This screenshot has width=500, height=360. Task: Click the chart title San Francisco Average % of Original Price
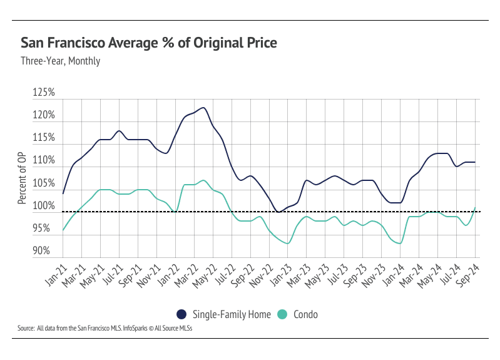tap(149, 43)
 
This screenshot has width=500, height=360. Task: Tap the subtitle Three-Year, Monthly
tap(60, 61)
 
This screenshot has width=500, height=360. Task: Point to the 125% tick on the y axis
tap(44, 93)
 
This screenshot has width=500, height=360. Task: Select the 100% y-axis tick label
tap(44, 205)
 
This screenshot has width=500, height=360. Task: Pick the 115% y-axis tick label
tap(44, 138)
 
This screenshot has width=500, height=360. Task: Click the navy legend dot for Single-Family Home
tap(181, 314)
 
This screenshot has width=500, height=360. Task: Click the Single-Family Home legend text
tap(231, 314)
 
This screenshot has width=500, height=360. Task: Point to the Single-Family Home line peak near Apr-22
tap(204, 108)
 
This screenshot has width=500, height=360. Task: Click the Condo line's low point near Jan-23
tap(288, 243)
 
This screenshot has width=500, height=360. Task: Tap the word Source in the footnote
tap(26, 328)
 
